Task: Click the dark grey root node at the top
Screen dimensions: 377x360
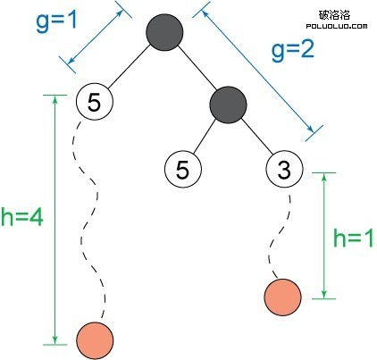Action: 164,32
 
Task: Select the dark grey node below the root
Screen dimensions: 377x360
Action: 228,105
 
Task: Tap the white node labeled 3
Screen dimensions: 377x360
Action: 284,169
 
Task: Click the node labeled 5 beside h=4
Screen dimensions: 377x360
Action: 95,102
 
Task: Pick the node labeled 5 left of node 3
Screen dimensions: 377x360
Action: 183,169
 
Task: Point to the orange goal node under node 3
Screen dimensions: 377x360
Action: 282,297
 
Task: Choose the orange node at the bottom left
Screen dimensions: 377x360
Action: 95,340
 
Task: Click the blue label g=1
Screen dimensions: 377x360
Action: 56,22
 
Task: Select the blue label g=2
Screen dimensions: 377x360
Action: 293,50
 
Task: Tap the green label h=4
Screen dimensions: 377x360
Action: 22,216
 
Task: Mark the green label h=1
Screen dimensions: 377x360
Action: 353,238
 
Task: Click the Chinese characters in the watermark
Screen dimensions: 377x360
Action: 334,14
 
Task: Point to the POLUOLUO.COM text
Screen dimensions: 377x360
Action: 337,27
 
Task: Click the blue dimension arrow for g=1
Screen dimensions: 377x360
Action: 96,38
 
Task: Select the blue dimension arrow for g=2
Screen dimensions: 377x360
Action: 257,71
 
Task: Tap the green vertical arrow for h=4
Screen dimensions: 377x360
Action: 54,220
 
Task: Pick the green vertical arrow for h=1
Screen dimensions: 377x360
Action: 324,236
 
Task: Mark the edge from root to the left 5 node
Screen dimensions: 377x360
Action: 129,67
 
